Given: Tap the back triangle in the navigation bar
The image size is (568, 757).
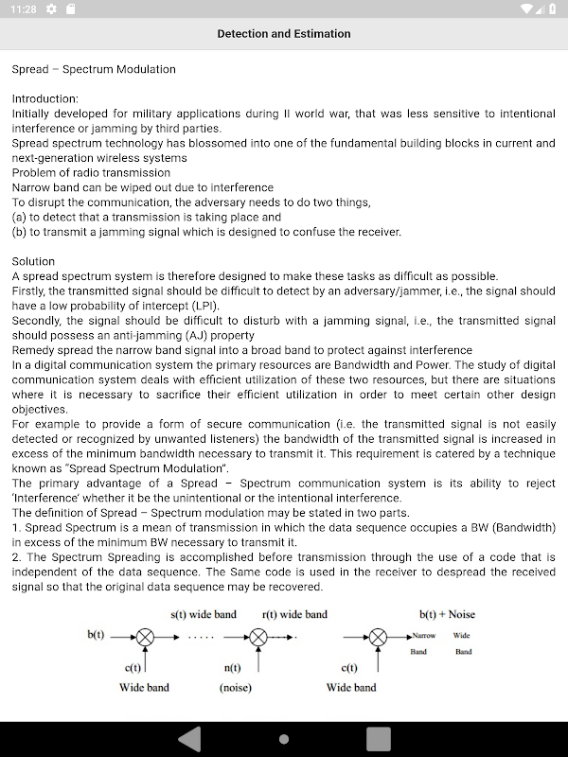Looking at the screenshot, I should tap(190, 738).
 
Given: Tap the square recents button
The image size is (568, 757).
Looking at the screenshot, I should tap(378, 738).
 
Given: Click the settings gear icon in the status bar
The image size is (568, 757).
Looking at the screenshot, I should tap(51, 9).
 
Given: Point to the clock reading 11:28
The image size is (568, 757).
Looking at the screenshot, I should tap(25, 9).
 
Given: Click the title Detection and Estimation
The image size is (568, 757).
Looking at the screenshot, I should tap(284, 34).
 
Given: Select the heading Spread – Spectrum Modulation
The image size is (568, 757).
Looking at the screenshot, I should tap(94, 69).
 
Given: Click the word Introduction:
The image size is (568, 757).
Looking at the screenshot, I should tap(45, 98).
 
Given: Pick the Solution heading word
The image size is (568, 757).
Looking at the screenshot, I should tap(33, 261).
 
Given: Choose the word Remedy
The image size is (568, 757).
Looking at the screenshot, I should tap(31, 350).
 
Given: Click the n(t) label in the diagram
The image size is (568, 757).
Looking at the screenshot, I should tap(234, 668).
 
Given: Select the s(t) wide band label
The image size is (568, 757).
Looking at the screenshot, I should tap(204, 614).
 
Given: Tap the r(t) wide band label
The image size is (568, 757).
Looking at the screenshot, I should tap(294, 614).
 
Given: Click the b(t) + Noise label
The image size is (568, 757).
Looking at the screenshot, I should tap(447, 614).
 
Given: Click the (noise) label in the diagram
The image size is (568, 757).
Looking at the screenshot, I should tap(236, 688).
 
